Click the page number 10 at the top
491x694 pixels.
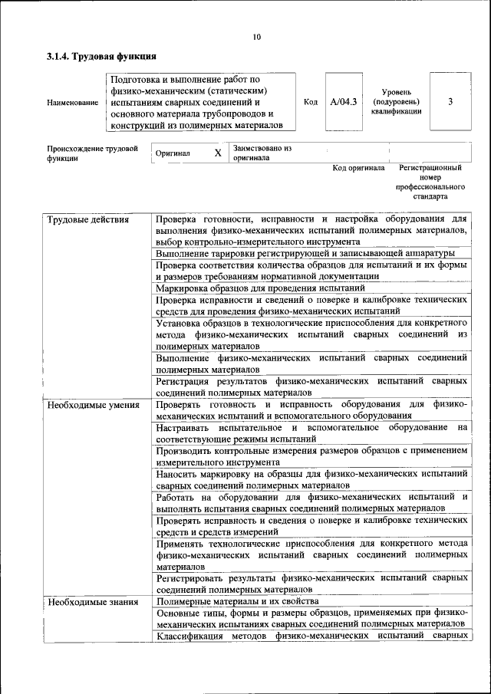tap(256, 36)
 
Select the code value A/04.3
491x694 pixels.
tap(344, 102)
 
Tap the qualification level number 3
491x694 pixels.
tap(450, 102)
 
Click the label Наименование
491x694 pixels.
tap(73, 103)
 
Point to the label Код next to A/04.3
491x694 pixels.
tap(311, 102)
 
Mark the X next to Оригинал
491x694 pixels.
tap(217, 153)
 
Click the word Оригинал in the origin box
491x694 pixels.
tap(173, 153)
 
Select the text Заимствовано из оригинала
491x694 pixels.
tap(262, 153)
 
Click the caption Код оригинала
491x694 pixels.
tap(358, 168)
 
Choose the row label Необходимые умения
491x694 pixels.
tap(93, 403)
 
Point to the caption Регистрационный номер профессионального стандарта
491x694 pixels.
tap(430, 181)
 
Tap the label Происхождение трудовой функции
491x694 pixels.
tap(92, 153)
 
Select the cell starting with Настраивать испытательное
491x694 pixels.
tap(311, 433)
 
